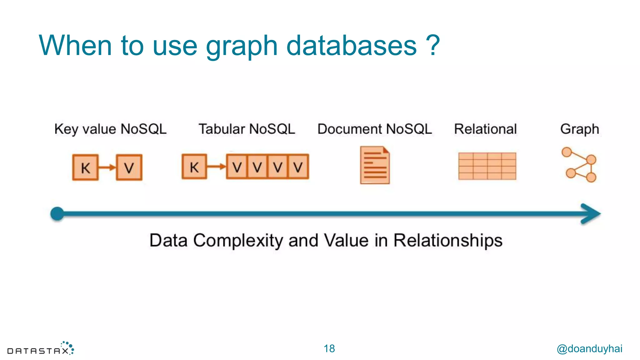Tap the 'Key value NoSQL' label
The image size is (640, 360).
click(x=110, y=129)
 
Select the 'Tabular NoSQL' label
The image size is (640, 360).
click(x=247, y=129)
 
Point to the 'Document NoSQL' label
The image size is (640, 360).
click(x=375, y=129)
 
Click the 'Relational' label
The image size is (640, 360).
click(x=485, y=129)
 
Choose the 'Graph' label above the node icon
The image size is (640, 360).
click(x=579, y=129)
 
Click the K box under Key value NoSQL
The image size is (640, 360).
click(x=85, y=167)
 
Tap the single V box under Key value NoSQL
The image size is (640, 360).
click(x=129, y=167)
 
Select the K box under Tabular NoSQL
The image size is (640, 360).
click(x=194, y=167)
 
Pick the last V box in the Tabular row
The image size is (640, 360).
click(x=298, y=167)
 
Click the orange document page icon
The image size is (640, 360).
click(x=375, y=165)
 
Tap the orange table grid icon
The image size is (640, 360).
click(x=487, y=166)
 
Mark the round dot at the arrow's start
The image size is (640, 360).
click(x=57, y=214)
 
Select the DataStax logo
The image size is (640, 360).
click(x=41, y=349)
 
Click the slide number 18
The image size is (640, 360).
click(x=329, y=348)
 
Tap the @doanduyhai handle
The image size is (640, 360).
click(x=589, y=348)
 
